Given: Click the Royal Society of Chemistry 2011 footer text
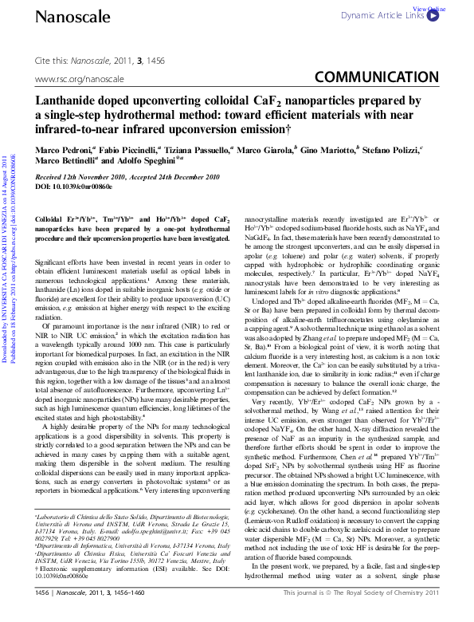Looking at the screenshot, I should (x=376, y=615).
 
